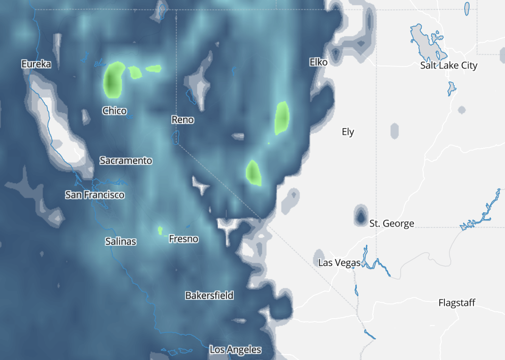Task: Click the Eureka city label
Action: [36, 64]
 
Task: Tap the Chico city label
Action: [114, 111]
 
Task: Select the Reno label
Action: [182, 120]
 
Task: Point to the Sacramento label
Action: [126, 161]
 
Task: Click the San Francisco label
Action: [95, 195]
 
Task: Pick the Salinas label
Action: [121, 241]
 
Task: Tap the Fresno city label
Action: [183, 239]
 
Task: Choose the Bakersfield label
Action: [209, 295]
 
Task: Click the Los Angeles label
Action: [235, 350]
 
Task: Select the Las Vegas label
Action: [339, 262]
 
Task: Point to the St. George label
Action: [392, 224]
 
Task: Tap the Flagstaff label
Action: [457, 303]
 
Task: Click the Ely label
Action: [348, 132]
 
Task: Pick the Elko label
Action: [318, 62]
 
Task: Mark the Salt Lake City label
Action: [448, 65]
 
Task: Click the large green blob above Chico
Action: [114, 80]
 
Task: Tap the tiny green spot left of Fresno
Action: [160, 230]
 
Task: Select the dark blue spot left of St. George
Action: [360, 216]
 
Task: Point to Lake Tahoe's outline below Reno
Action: [176, 137]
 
